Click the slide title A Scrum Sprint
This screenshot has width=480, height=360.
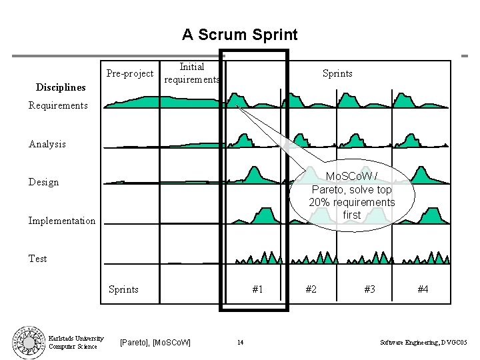(240, 34)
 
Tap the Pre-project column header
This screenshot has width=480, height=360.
(130, 73)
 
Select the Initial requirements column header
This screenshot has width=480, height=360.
(192, 73)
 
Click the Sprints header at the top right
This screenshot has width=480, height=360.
(337, 73)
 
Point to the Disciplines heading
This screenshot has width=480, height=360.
(61, 87)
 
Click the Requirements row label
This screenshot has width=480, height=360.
(58, 105)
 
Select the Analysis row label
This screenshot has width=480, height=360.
(47, 144)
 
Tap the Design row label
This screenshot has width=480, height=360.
(44, 182)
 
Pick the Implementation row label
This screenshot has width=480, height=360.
(62, 221)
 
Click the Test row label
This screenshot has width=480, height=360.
(38, 259)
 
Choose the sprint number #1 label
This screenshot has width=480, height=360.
(257, 289)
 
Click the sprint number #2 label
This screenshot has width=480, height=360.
(311, 289)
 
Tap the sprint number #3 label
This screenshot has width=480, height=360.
(369, 289)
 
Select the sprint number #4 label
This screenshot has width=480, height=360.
(423, 289)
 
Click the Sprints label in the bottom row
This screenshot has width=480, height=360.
(124, 289)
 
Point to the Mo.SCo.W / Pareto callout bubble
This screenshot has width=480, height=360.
(351, 196)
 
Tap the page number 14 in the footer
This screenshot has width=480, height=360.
(240, 343)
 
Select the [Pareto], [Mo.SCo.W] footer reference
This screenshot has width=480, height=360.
(155, 343)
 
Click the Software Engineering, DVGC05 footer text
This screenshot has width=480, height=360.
(423, 343)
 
